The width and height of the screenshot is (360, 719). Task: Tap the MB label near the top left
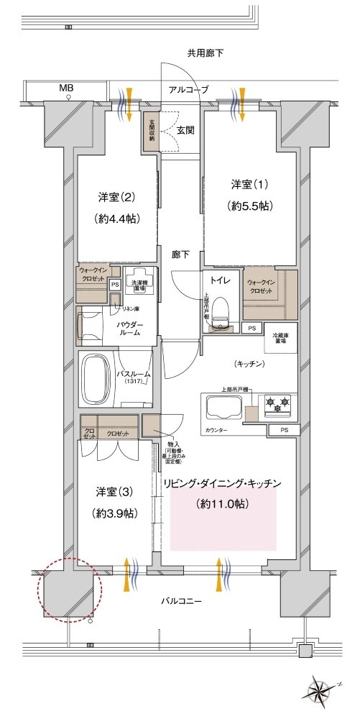tap(67, 88)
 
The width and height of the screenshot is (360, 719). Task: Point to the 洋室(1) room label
tap(246, 183)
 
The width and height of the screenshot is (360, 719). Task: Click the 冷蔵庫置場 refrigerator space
tap(281, 342)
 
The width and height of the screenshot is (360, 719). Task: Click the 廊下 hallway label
tap(180, 254)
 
